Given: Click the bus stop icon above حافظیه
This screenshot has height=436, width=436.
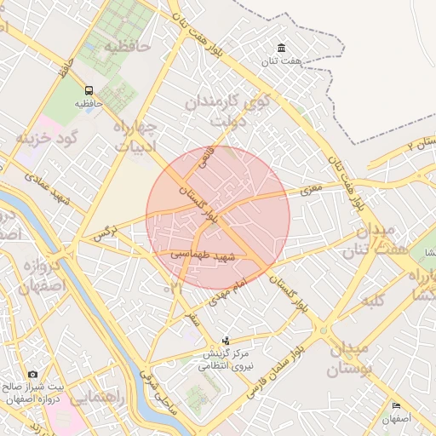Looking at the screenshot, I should tap(89, 89).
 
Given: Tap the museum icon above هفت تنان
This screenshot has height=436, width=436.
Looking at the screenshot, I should tap(282, 49).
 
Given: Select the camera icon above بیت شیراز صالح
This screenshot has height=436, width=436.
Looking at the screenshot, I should tap(32, 374).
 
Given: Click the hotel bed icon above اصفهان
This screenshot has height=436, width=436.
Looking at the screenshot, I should tap(396, 406).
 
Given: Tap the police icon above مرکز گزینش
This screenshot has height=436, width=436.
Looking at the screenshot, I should tap(226, 341).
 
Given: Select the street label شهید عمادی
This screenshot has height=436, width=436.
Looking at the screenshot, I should tap(48, 188).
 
